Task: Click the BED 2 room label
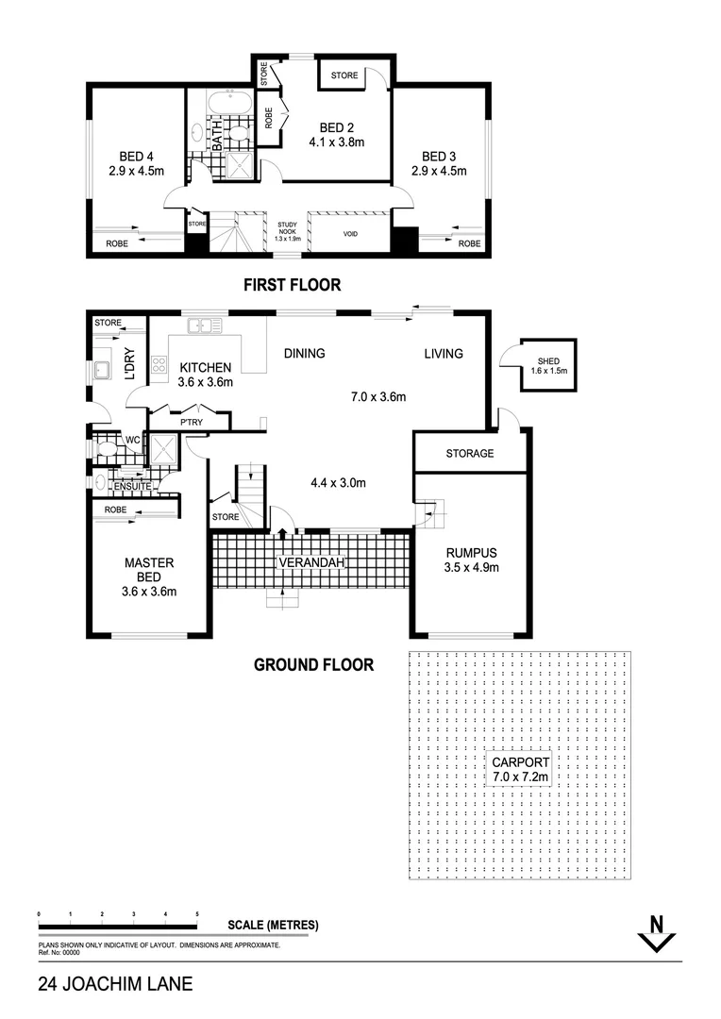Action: point(335,127)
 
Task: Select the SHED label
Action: point(547,361)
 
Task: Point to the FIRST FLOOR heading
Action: point(292,284)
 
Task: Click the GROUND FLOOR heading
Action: point(313,664)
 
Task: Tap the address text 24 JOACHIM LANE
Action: point(115,984)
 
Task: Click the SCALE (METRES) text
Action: point(273,925)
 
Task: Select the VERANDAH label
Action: point(310,563)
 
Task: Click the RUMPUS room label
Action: point(470,553)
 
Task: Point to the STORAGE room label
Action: point(469,454)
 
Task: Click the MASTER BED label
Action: point(149,569)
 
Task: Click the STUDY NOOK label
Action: point(286,228)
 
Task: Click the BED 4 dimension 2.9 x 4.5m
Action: point(137,171)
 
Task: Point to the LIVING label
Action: point(444,354)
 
